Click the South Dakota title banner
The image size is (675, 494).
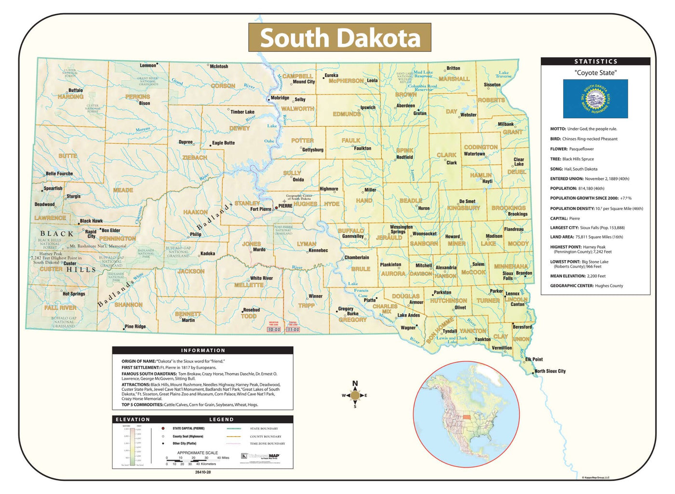tap(339, 38)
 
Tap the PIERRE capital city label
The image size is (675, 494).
tap(285, 206)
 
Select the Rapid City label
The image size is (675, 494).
tap(91, 233)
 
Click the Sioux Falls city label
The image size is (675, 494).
tap(508, 276)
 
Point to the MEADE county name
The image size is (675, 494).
tap(123, 190)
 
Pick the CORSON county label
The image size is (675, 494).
tap(223, 86)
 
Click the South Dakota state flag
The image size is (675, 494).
tap(595, 99)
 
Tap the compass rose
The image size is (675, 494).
tap(355, 395)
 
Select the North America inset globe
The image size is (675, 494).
tap(466, 414)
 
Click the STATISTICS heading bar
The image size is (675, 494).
tap(595, 61)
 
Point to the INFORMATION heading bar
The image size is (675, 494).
tap(202, 350)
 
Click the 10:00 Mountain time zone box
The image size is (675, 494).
tap(274, 330)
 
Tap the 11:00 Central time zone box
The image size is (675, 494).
tap(293, 330)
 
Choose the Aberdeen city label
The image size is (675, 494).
tap(405, 106)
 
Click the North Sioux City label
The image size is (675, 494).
tap(550, 371)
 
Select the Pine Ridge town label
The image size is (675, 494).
tap(135, 326)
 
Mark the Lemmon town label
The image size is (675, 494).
tap(148, 66)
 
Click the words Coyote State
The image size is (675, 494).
tap(595, 73)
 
